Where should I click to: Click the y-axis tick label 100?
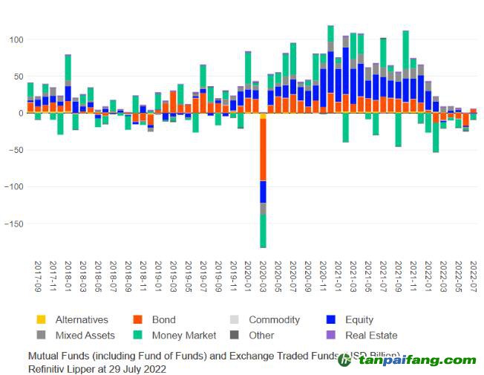click(14, 39)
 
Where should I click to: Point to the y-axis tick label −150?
click(11, 224)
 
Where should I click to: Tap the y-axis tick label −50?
click(13, 150)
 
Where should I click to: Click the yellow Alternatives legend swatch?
click(42, 320)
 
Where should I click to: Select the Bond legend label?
click(163, 320)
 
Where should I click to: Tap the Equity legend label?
click(359, 320)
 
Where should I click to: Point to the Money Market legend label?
click(180, 336)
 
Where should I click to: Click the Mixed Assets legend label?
click(84, 336)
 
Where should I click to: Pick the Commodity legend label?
click(274, 320)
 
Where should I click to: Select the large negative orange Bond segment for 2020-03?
click(263, 149)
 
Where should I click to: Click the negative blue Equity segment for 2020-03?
click(263, 192)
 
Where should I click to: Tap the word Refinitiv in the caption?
click(50, 368)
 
